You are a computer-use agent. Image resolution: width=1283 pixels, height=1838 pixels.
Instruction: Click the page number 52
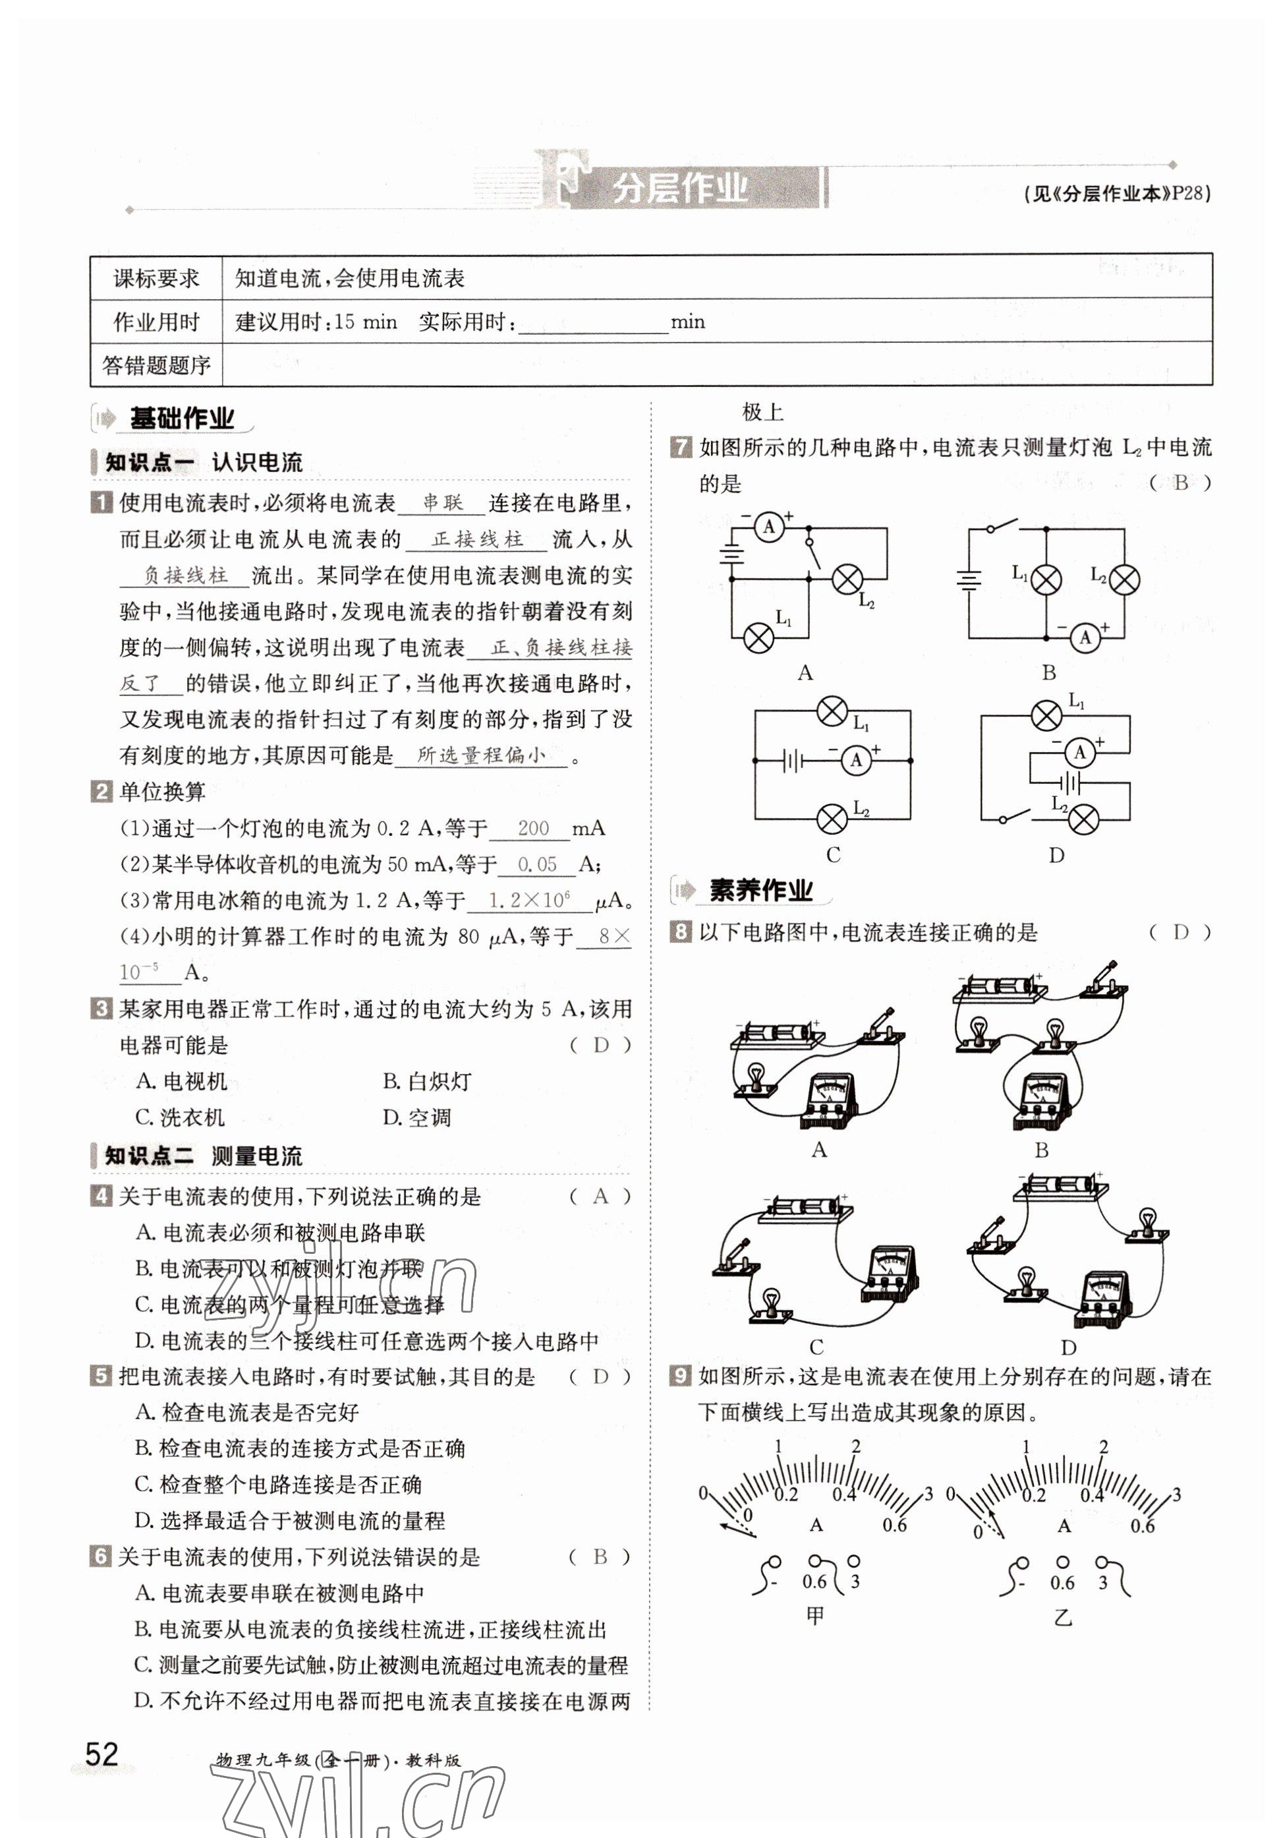pos(101,1753)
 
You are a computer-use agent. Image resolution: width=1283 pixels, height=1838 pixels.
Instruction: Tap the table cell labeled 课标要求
pos(156,279)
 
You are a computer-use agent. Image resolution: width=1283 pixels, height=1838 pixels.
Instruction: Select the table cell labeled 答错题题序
pos(156,366)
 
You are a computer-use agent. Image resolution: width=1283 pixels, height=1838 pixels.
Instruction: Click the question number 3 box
pos(101,1009)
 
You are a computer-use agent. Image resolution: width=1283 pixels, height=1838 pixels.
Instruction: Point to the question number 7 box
pos(680,447)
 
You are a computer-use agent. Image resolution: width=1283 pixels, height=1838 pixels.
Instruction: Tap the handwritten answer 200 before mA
pos(533,828)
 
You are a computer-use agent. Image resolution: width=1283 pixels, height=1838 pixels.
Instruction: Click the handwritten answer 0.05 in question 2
pos(537,864)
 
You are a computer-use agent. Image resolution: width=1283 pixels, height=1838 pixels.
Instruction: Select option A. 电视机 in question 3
pos(182,1081)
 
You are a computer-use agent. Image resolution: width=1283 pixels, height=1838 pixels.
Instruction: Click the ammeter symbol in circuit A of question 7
pos(769,527)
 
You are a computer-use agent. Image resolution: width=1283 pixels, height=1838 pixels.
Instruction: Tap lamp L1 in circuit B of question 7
pos(1045,579)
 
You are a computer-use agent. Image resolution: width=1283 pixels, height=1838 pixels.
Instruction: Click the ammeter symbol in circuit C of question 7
pos(855,759)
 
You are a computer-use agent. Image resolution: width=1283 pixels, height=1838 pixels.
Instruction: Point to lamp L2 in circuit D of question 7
pos(1083,818)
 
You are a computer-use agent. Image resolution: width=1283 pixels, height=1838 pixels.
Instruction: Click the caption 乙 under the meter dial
pos(1062,1617)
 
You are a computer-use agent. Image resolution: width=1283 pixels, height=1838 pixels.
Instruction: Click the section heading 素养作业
pos(760,890)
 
